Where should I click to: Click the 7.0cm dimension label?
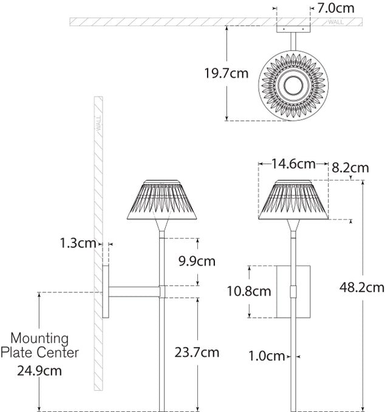338,8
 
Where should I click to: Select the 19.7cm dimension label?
226,74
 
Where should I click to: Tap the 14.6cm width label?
293,164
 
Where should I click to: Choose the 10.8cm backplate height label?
248,291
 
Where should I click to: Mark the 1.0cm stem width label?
267,355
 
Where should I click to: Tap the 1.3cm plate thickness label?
78,244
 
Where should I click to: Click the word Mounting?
42,338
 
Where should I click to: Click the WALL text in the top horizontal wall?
335,22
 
